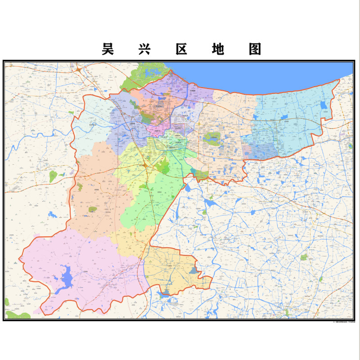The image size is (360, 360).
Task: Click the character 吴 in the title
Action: (107, 49)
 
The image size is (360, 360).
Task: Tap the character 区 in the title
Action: (181, 49)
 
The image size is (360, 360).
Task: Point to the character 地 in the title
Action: (218, 49)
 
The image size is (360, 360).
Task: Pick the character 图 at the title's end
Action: (255, 49)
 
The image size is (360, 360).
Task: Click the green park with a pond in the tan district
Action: (211, 138)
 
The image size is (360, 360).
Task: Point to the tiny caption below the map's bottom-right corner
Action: (342, 322)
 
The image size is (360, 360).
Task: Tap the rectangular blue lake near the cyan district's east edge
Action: (324, 105)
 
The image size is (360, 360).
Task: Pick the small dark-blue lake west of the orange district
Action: (54, 214)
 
